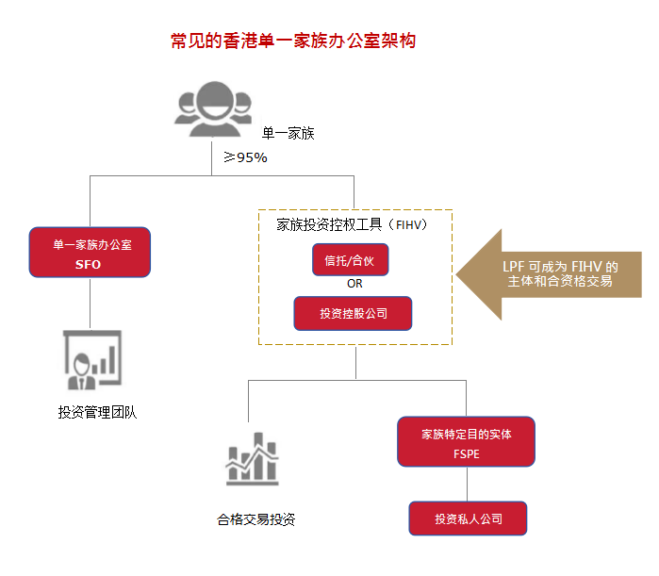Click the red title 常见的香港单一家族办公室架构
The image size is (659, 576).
(293, 41)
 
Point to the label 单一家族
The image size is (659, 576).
(288, 134)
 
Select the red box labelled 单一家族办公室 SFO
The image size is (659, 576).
(89, 253)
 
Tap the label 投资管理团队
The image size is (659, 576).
(98, 412)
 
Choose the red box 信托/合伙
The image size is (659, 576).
(350, 259)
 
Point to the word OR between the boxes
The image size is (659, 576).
(354, 284)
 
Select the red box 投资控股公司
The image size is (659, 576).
(353, 313)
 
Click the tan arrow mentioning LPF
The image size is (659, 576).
(556, 273)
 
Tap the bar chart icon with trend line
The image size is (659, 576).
(252, 461)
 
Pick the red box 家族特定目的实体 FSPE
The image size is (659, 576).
(467, 442)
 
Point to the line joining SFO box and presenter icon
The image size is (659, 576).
(90, 302)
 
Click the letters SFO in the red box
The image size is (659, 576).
(89, 265)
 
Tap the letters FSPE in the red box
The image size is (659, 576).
(467, 453)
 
